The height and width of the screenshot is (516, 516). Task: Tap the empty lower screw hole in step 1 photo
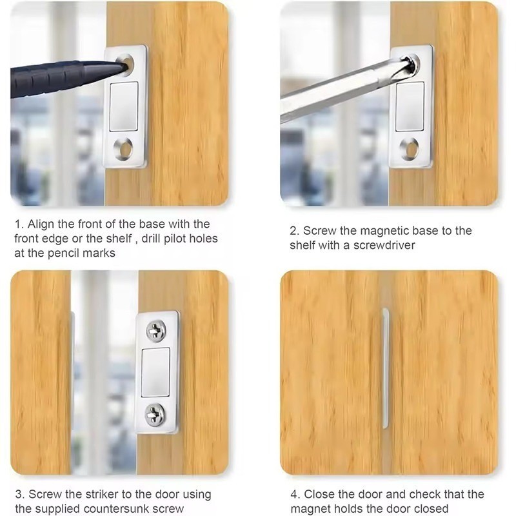(123, 148)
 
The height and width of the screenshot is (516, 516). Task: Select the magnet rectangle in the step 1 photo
(124, 106)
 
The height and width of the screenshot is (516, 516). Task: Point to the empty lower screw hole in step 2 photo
(410, 148)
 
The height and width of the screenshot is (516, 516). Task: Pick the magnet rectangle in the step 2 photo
(410, 106)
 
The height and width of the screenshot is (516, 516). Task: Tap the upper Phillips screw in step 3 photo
(156, 330)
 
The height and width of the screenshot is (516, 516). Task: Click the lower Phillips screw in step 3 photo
(155, 414)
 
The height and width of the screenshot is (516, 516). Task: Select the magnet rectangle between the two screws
(155, 373)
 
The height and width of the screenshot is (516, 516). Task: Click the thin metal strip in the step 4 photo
(385, 368)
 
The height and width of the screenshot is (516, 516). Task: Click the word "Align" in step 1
(41, 224)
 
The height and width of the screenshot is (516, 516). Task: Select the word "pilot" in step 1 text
(171, 239)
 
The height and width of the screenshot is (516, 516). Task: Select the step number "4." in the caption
(295, 494)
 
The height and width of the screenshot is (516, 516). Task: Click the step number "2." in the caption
(295, 231)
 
